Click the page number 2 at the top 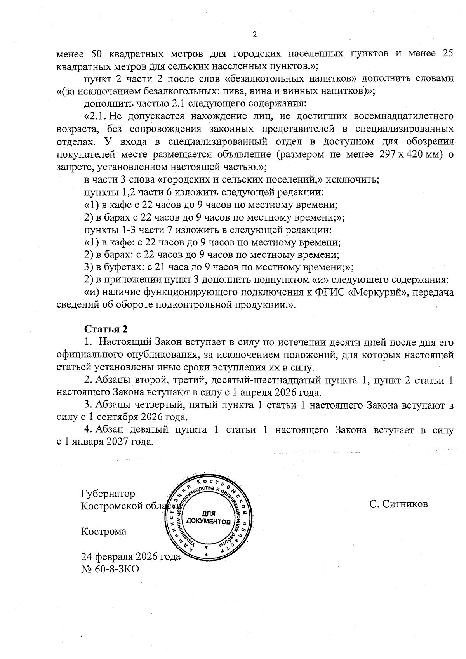click(255, 35)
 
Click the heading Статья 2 click(106, 329)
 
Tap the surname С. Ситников click(399, 504)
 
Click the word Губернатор click(108, 494)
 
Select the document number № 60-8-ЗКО click(110, 569)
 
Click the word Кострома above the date click(103, 531)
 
